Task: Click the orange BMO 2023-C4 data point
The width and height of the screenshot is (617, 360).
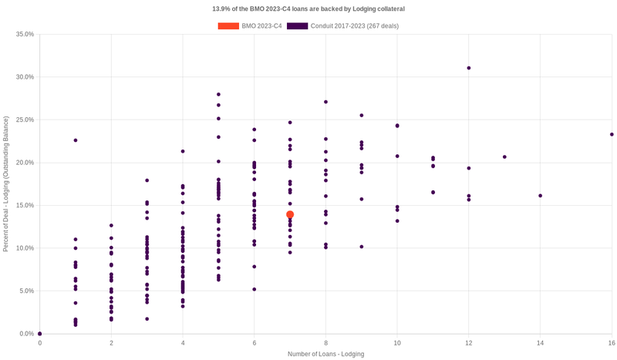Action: point(290,215)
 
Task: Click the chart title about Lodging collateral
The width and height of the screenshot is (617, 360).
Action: point(308,8)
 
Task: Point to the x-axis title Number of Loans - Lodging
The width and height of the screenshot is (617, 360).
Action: point(325,354)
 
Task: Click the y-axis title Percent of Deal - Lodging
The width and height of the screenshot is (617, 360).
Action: point(6,184)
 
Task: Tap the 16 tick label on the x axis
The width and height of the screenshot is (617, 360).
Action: point(611,342)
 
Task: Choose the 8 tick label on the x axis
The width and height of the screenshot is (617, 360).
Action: point(325,342)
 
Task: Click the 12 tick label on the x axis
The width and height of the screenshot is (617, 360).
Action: point(468,342)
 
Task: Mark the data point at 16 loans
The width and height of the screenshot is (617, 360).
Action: point(612,134)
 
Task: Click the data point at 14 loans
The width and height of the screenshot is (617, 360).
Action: point(540,196)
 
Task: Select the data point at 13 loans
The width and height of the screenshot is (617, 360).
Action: point(504,157)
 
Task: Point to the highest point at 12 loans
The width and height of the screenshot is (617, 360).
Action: point(468,68)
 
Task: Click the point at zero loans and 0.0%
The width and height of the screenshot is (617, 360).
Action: point(40,334)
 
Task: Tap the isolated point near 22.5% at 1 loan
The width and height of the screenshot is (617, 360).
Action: point(76,140)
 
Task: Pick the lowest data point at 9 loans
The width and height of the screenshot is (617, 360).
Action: point(362,247)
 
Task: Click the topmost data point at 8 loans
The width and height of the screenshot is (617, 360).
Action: point(325,102)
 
